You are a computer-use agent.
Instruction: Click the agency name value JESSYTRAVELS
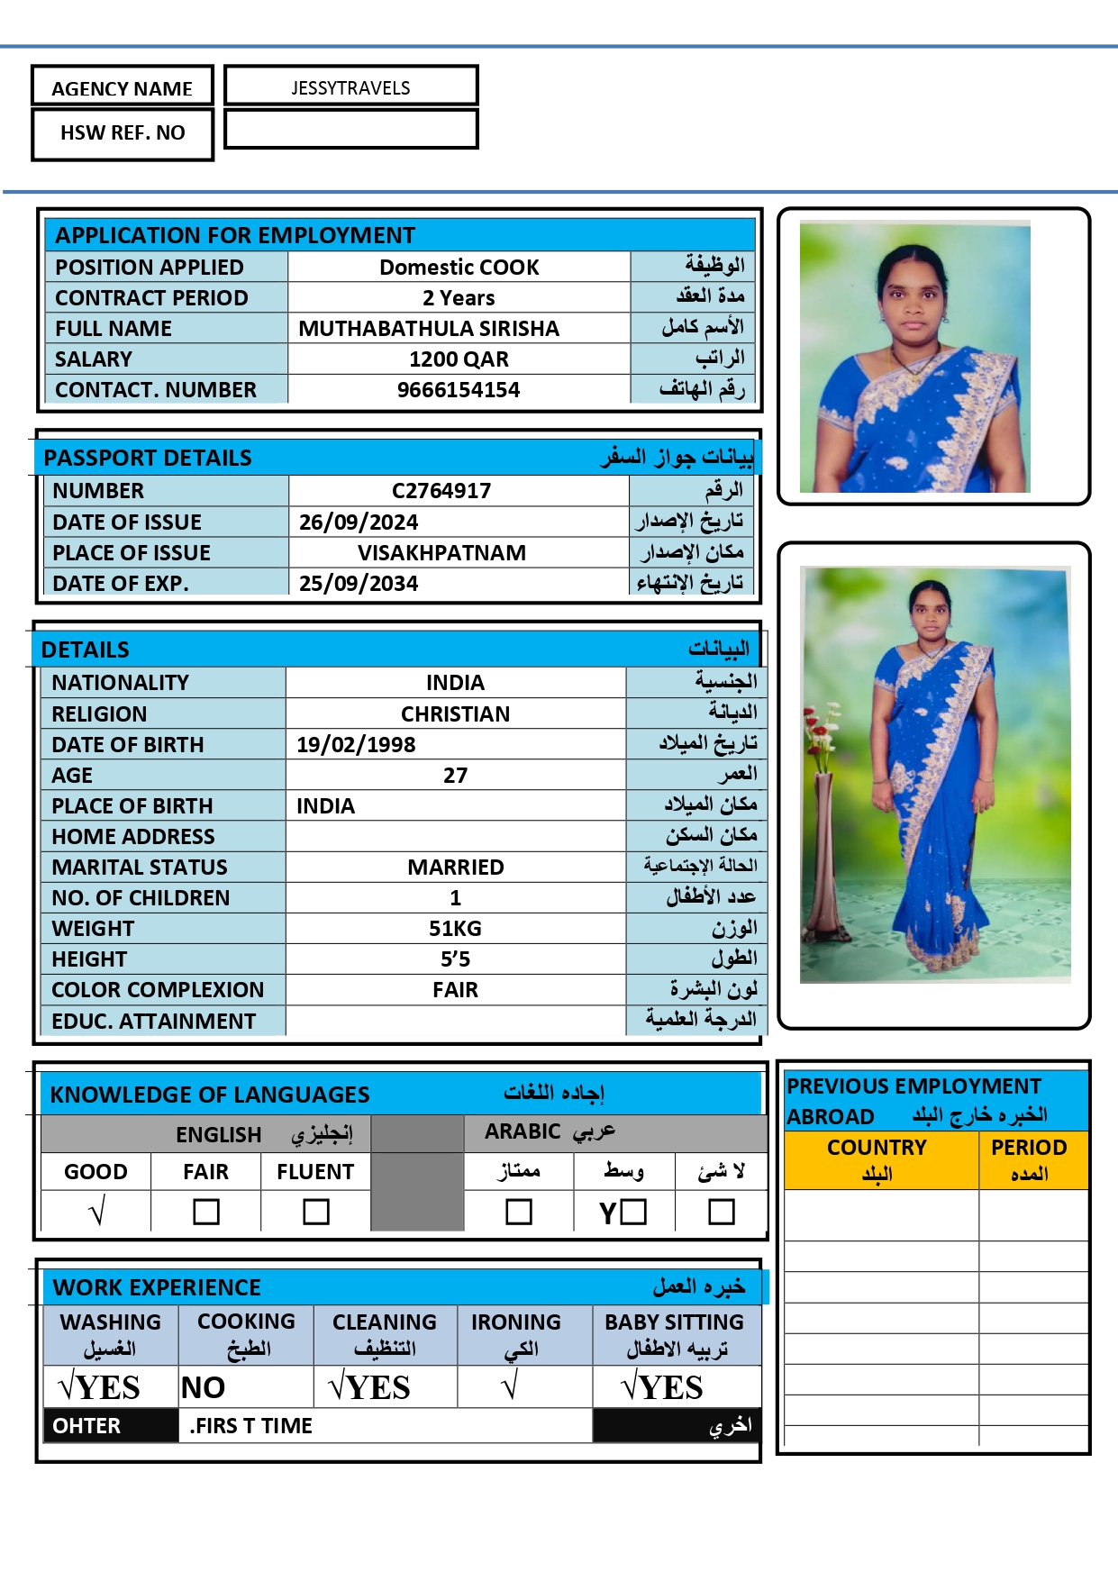tap(350, 87)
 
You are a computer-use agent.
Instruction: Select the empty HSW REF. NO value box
tap(350, 130)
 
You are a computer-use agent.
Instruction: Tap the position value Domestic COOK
tap(459, 267)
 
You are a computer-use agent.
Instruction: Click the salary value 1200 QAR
tap(459, 359)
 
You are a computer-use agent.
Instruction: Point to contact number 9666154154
tap(459, 390)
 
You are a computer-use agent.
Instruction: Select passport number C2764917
tap(441, 491)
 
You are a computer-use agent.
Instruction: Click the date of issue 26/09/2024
tap(359, 522)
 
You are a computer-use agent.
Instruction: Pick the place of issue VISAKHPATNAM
tap(441, 553)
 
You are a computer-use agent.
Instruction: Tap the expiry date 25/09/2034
tap(359, 584)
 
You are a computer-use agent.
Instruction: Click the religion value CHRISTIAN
tap(455, 714)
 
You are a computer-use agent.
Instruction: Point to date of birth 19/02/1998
tap(356, 745)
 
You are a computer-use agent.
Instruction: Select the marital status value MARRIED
tap(455, 868)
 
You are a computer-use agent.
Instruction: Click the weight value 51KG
tap(455, 929)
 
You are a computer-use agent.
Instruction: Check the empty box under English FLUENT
tap(315, 1212)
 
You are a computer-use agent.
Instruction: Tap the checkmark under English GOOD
tap(97, 1211)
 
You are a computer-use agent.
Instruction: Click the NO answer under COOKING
tap(204, 1388)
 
